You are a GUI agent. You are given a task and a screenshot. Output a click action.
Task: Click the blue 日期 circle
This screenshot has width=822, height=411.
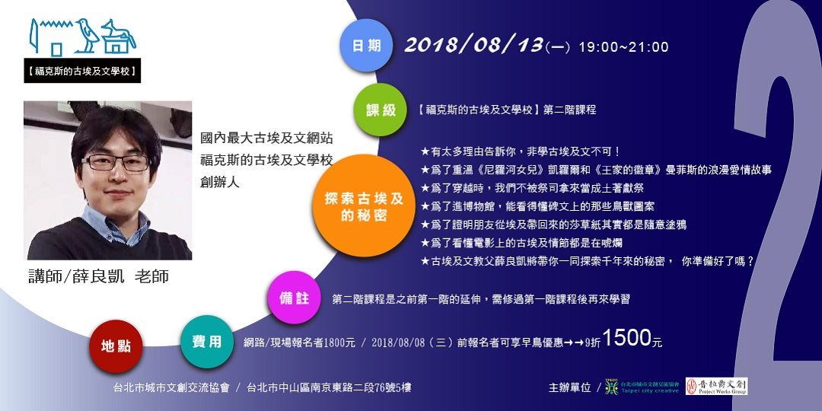point(366,46)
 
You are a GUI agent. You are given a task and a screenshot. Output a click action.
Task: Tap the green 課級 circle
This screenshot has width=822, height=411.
point(381,110)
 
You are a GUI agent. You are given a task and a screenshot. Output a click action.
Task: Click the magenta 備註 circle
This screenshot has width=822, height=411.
point(294,298)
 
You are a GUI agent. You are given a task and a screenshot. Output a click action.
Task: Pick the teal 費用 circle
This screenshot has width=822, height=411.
point(206,342)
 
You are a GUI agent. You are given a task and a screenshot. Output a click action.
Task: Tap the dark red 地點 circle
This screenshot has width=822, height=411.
point(116,346)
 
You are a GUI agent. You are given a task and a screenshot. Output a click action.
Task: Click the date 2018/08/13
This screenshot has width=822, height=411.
point(473,45)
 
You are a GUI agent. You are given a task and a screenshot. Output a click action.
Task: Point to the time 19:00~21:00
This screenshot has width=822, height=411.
point(623,47)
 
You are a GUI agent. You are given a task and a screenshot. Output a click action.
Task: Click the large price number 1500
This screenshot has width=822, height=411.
point(626,339)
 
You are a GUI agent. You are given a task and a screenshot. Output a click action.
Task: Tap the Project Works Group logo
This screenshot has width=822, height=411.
point(716,387)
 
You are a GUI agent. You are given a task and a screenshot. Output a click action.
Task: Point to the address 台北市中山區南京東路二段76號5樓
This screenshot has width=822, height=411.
point(329,387)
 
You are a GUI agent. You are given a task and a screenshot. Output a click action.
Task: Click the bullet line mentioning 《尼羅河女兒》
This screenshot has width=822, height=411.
point(596,170)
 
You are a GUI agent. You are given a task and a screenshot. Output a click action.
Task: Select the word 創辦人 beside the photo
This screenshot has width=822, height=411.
point(220,183)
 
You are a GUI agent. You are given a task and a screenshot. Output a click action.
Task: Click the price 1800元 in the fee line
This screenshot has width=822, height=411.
point(339,342)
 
